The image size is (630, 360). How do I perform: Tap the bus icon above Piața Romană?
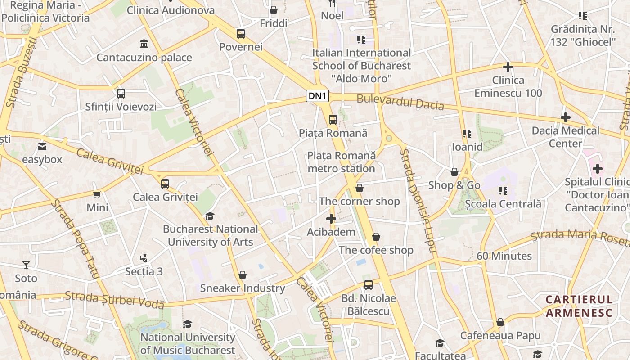pos(333,120)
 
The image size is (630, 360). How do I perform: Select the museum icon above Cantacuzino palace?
pos(144,44)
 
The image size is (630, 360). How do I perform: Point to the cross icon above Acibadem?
pos(331,219)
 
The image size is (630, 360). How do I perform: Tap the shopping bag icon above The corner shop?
pos(359,188)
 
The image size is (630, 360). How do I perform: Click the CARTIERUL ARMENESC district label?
pos(579,306)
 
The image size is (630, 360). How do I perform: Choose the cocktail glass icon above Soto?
pos(26,265)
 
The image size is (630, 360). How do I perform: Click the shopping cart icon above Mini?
pos(97,194)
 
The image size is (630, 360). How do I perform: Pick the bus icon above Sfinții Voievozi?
pos(121,94)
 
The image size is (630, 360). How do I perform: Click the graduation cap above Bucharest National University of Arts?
pos(210,216)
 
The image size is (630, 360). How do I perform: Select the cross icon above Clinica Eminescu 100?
pos(508,67)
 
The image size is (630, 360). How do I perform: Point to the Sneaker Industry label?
pos(243,288)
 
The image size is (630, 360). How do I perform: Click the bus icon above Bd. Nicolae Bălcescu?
pos(369,285)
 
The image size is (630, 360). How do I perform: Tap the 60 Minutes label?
pos(504,256)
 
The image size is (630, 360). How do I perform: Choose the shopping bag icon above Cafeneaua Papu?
pos(500,323)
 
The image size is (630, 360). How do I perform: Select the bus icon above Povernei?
pos(241,34)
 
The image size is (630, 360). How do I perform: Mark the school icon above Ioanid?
pos(467,134)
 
